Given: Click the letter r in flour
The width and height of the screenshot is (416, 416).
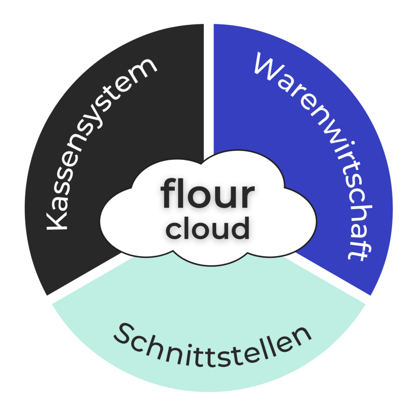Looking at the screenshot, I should pos(247,197).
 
